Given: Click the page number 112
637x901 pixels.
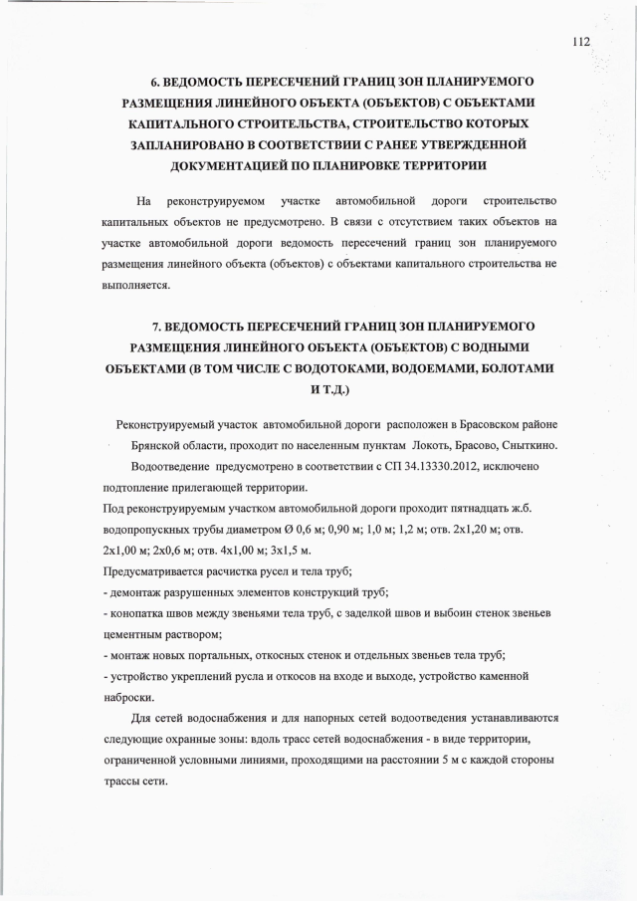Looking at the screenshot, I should (x=582, y=42).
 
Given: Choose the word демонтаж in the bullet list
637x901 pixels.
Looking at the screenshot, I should (x=139, y=592).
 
